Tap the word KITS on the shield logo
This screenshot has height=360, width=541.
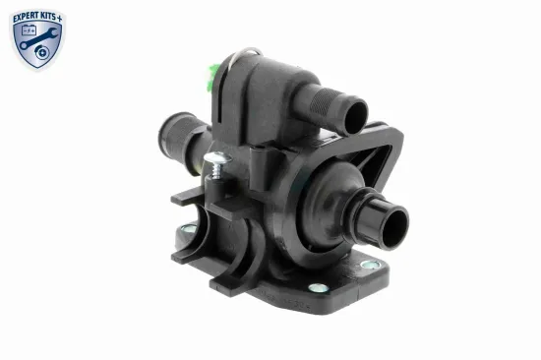pos(47,17)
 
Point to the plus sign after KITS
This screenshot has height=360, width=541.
pos(59,19)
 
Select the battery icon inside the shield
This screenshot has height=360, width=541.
pos(29,30)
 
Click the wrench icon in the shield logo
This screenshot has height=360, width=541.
pos(38,38)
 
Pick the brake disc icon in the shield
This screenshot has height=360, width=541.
pos(41,52)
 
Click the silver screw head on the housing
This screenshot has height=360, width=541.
pos(217,157)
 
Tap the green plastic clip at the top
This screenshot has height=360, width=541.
pos(212,77)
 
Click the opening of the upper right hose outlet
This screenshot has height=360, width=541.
pos(355,117)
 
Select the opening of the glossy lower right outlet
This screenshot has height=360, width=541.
pos(394,227)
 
